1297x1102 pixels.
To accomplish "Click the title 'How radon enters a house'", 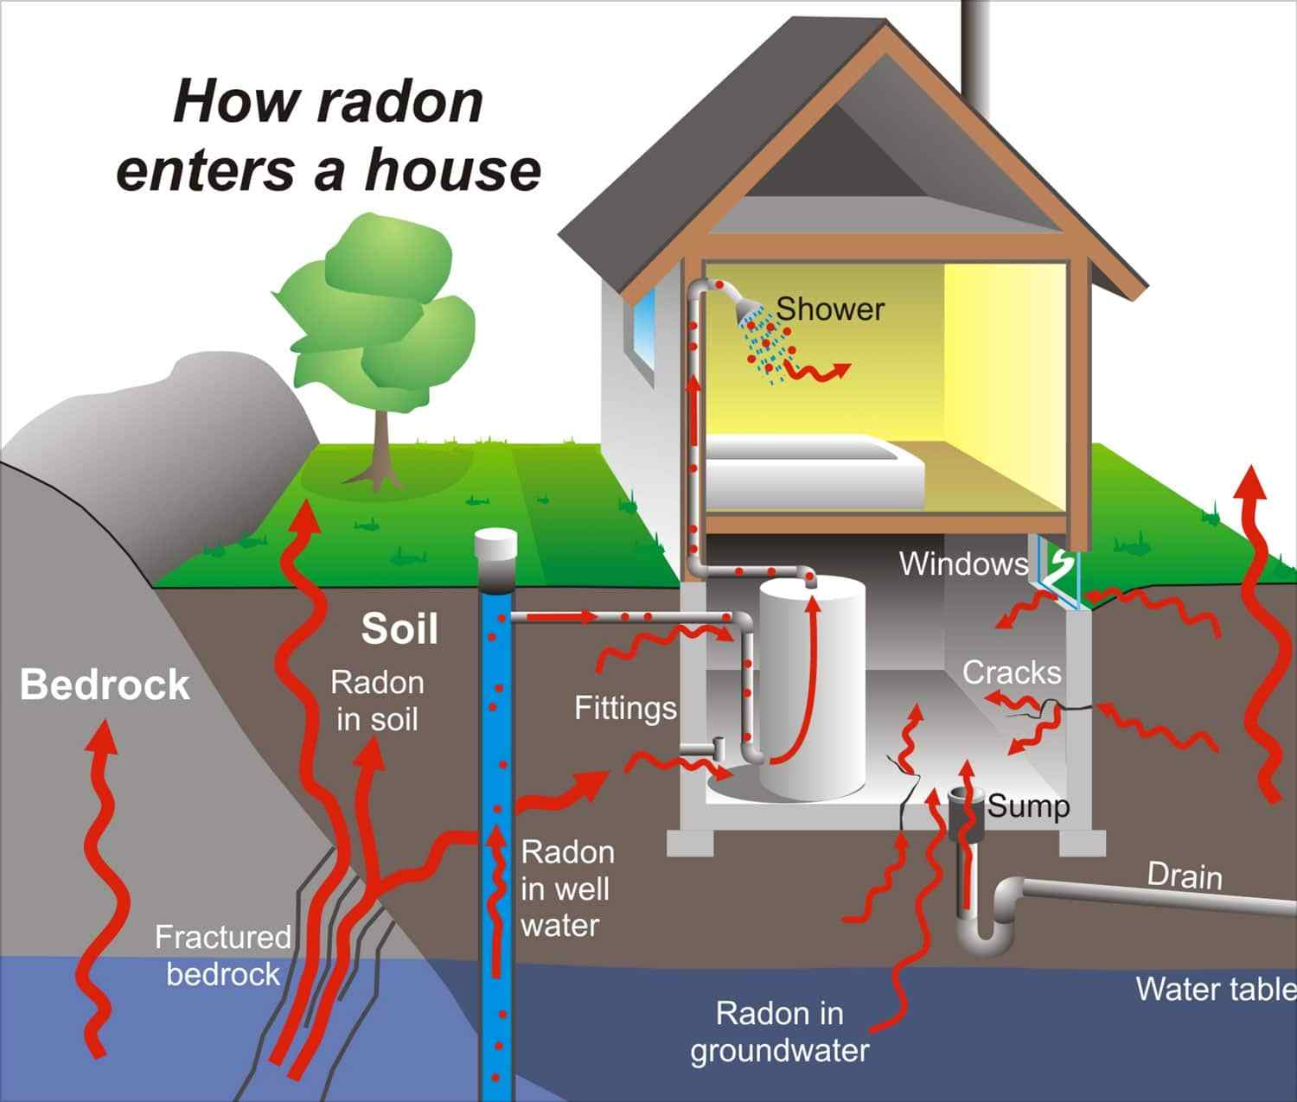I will tap(328, 135).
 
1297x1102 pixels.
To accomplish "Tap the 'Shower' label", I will tap(830, 309).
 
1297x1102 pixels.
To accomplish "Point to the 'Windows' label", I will tap(963, 564).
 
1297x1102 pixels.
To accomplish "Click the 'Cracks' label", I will tap(1011, 672).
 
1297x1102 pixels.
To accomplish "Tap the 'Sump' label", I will tap(1028, 806).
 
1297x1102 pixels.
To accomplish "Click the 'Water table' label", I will tap(1215, 989).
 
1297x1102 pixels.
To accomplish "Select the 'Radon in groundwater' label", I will tap(780, 1032).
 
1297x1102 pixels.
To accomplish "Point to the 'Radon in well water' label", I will tap(566, 889).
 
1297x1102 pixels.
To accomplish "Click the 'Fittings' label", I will tap(625, 709).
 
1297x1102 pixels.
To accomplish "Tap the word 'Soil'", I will tap(399, 628).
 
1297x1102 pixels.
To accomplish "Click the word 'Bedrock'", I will tap(105, 685).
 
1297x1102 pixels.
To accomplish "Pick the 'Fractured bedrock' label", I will tap(222, 955).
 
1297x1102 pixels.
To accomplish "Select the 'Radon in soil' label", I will tap(377, 701).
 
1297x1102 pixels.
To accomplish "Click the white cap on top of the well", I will tap(495, 545).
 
